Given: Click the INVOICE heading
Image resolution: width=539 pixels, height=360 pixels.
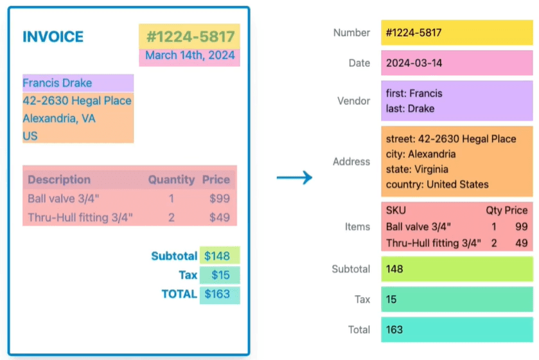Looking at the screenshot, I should pos(53,37).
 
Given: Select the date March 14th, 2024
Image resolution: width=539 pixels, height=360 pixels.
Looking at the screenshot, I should pos(190,55).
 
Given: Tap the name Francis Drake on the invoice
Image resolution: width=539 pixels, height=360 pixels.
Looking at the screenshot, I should pos(57,83).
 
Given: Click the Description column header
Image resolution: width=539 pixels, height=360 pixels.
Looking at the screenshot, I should pos(59,179).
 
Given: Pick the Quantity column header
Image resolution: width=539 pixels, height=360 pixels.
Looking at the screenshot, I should pos(171,179).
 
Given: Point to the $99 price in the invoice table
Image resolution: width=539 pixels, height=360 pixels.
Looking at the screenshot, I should pos(220,199).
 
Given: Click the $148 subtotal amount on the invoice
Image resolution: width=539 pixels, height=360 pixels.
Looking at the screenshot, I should pos(217,256).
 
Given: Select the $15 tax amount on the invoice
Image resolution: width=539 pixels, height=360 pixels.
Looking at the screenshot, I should pos(220,275).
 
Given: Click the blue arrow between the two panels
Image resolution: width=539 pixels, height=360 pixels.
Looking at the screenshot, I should pos(294,177).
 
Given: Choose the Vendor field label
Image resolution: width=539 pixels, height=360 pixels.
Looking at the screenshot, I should pos(353,101).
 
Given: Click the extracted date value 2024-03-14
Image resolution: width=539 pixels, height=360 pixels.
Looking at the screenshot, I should pos(414,63).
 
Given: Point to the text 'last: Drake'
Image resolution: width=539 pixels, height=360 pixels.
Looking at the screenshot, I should pos(410,109).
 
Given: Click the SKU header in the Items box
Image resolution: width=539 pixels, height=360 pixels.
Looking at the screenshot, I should pos(396,210).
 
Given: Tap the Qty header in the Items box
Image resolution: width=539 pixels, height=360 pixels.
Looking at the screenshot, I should pos(493,210).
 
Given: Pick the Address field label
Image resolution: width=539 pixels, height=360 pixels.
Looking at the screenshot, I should pos(351,161).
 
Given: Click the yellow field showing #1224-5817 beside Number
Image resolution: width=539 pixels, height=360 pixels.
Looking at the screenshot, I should pos(456,33).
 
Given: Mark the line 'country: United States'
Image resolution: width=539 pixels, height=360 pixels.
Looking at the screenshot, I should pos(437,184).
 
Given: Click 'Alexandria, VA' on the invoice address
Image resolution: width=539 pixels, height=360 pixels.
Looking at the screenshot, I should pos(59,118).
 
